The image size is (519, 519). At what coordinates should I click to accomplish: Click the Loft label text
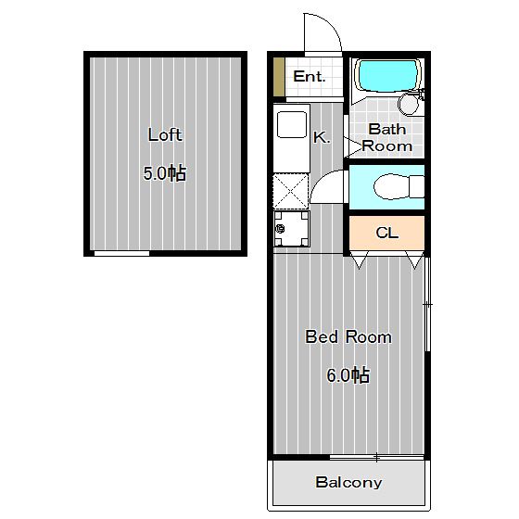coord(165,135)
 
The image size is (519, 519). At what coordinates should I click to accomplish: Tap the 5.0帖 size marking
coord(165,173)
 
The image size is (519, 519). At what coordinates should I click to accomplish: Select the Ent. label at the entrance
coord(310,77)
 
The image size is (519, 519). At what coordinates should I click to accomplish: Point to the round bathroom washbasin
coord(409,104)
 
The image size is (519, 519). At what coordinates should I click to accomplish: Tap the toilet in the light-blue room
coord(399,186)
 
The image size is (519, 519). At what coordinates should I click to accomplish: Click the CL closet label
coord(387,233)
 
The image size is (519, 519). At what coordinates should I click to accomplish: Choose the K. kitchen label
coord(322,137)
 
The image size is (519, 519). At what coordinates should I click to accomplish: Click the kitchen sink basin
coord(292,124)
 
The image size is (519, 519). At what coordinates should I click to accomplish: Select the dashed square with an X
coord(291,192)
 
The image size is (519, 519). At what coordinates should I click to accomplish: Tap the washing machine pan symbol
coord(292,229)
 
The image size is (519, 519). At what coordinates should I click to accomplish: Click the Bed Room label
coord(348,337)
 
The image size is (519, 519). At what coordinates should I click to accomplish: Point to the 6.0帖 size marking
coord(348,375)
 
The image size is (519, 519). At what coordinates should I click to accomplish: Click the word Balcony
coord(348,482)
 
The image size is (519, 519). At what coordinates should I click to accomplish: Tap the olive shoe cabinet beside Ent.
coord(279,77)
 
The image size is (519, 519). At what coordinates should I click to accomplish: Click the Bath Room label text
coord(387,138)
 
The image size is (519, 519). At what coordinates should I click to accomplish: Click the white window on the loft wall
coord(121,254)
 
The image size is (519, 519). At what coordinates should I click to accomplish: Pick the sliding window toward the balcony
coord(377,457)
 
